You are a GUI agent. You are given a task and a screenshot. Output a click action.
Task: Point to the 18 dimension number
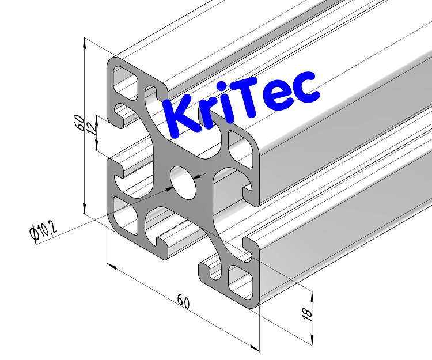[x=306, y=313]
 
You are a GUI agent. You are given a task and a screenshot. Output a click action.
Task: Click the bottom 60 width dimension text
[x=183, y=301]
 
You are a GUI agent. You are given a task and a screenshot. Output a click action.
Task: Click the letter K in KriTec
[x=178, y=118]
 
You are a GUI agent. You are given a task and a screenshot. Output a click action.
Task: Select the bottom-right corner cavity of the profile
[x=241, y=280]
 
